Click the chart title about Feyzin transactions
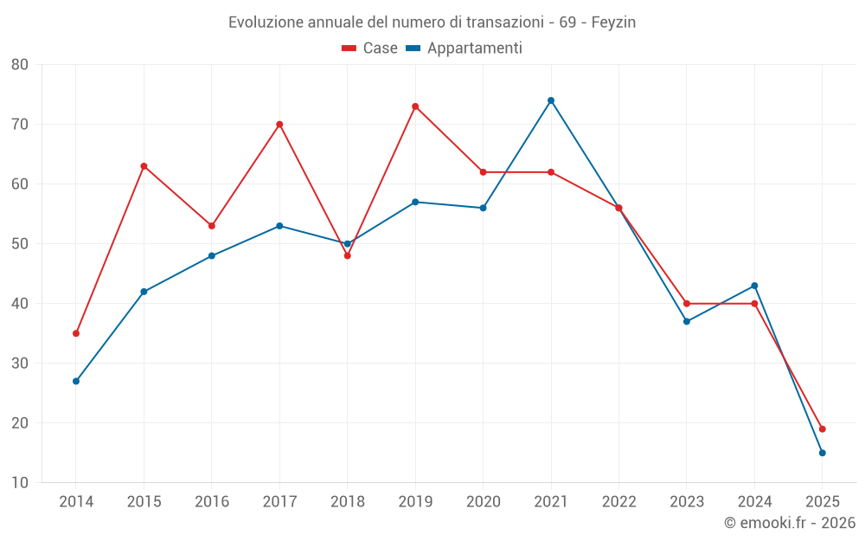pos(432,23)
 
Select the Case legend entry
pos(370,48)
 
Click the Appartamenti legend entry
pos(465,48)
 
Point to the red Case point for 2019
pos(415,106)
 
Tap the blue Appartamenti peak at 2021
pos(551,100)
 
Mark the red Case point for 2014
pos(76,333)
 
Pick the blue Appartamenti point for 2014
pos(76,381)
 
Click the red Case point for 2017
pos(279,125)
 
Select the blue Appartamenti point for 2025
pos(823,453)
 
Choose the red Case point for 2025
pos(823,429)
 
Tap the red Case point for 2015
pos(144,166)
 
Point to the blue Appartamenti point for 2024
pos(754,286)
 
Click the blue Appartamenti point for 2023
pos(687,321)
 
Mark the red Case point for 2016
pos(212,226)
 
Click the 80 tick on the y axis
pos(20,65)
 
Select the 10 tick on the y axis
pos(20,483)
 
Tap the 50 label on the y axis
pos(20,244)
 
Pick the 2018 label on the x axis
pos(347,502)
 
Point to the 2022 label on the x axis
pos(618,502)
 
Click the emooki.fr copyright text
pos(790,523)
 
